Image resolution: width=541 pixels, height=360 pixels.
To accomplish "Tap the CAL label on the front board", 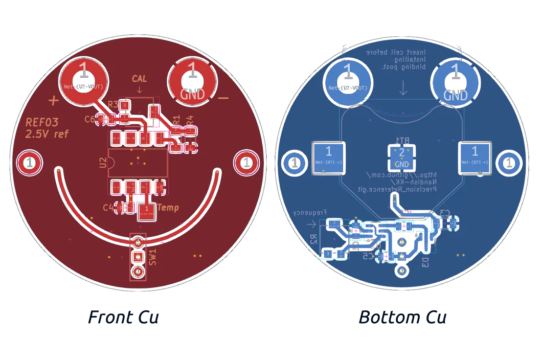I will tap(139, 79).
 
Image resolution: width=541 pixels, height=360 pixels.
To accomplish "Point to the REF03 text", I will tap(42, 123).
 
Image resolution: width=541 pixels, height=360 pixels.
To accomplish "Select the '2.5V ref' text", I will tap(47, 134).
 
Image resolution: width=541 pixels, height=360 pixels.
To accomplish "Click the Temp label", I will tap(168, 208).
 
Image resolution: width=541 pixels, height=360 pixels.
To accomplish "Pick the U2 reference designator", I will tap(103, 163).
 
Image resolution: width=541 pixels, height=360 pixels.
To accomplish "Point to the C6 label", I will tap(89, 119).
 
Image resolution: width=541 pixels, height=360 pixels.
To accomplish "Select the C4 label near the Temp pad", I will tap(108, 208).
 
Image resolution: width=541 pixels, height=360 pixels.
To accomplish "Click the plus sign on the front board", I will tap(53, 100).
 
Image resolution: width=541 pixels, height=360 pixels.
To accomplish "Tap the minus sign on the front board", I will tap(223, 98).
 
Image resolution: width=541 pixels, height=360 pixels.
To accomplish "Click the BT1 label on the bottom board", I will tap(402, 140).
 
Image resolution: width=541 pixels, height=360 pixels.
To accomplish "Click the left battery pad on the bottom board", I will tap(328, 157).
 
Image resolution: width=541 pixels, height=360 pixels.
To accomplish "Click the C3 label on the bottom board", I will tap(444, 213).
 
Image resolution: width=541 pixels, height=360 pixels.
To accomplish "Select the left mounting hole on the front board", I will tap(29, 163).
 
